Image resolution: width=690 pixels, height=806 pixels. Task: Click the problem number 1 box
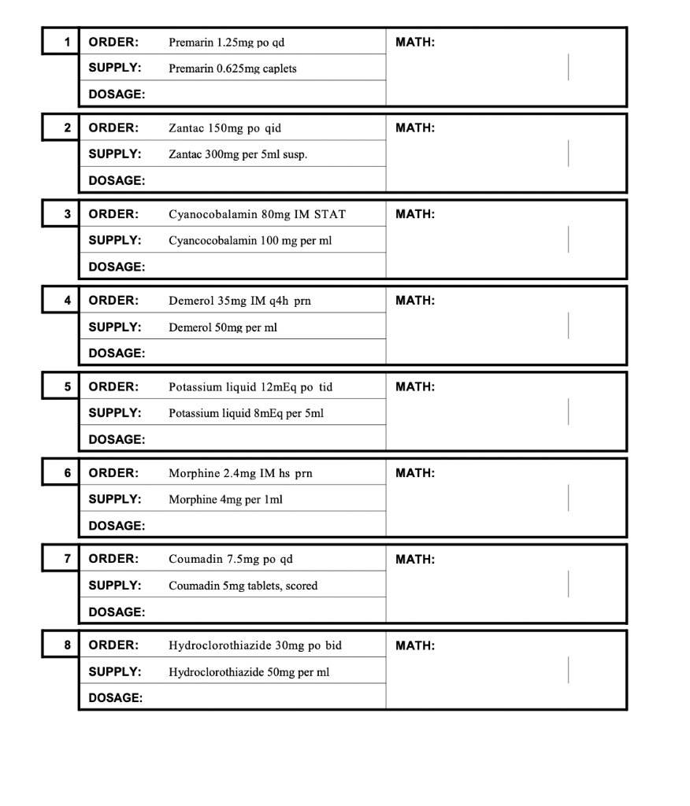coord(61,41)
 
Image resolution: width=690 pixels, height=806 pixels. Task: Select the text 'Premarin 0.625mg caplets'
coord(232,68)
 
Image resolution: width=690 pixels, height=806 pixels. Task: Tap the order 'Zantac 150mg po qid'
coord(224,128)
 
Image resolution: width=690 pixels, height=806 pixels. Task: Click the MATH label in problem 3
coord(415,214)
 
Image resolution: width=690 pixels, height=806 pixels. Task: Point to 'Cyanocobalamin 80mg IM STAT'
coord(257,214)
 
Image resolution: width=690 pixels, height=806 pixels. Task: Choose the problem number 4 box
coord(61,300)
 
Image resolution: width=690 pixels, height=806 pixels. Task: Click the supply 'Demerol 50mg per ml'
coord(222,327)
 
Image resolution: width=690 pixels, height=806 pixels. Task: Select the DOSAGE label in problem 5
coord(117,439)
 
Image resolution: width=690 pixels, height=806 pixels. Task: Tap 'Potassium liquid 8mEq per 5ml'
coord(246,413)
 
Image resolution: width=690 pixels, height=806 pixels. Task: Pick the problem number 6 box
coord(61,472)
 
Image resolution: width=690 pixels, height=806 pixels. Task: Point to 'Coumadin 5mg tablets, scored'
coord(243,586)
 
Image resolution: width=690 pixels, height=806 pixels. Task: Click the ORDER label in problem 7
coord(113,560)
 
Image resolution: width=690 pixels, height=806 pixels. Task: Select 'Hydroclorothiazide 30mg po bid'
coord(255,646)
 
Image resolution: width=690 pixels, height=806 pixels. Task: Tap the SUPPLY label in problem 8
coord(115,672)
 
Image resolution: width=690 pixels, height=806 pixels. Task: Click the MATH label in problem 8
coord(415,646)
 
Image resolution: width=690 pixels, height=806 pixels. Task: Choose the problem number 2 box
coord(61,128)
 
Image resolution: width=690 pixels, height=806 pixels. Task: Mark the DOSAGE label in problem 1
coord(117,94)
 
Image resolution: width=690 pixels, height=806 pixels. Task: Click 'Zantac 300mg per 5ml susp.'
coord(238,154)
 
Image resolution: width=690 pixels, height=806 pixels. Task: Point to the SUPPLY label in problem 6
coord(115,499)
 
